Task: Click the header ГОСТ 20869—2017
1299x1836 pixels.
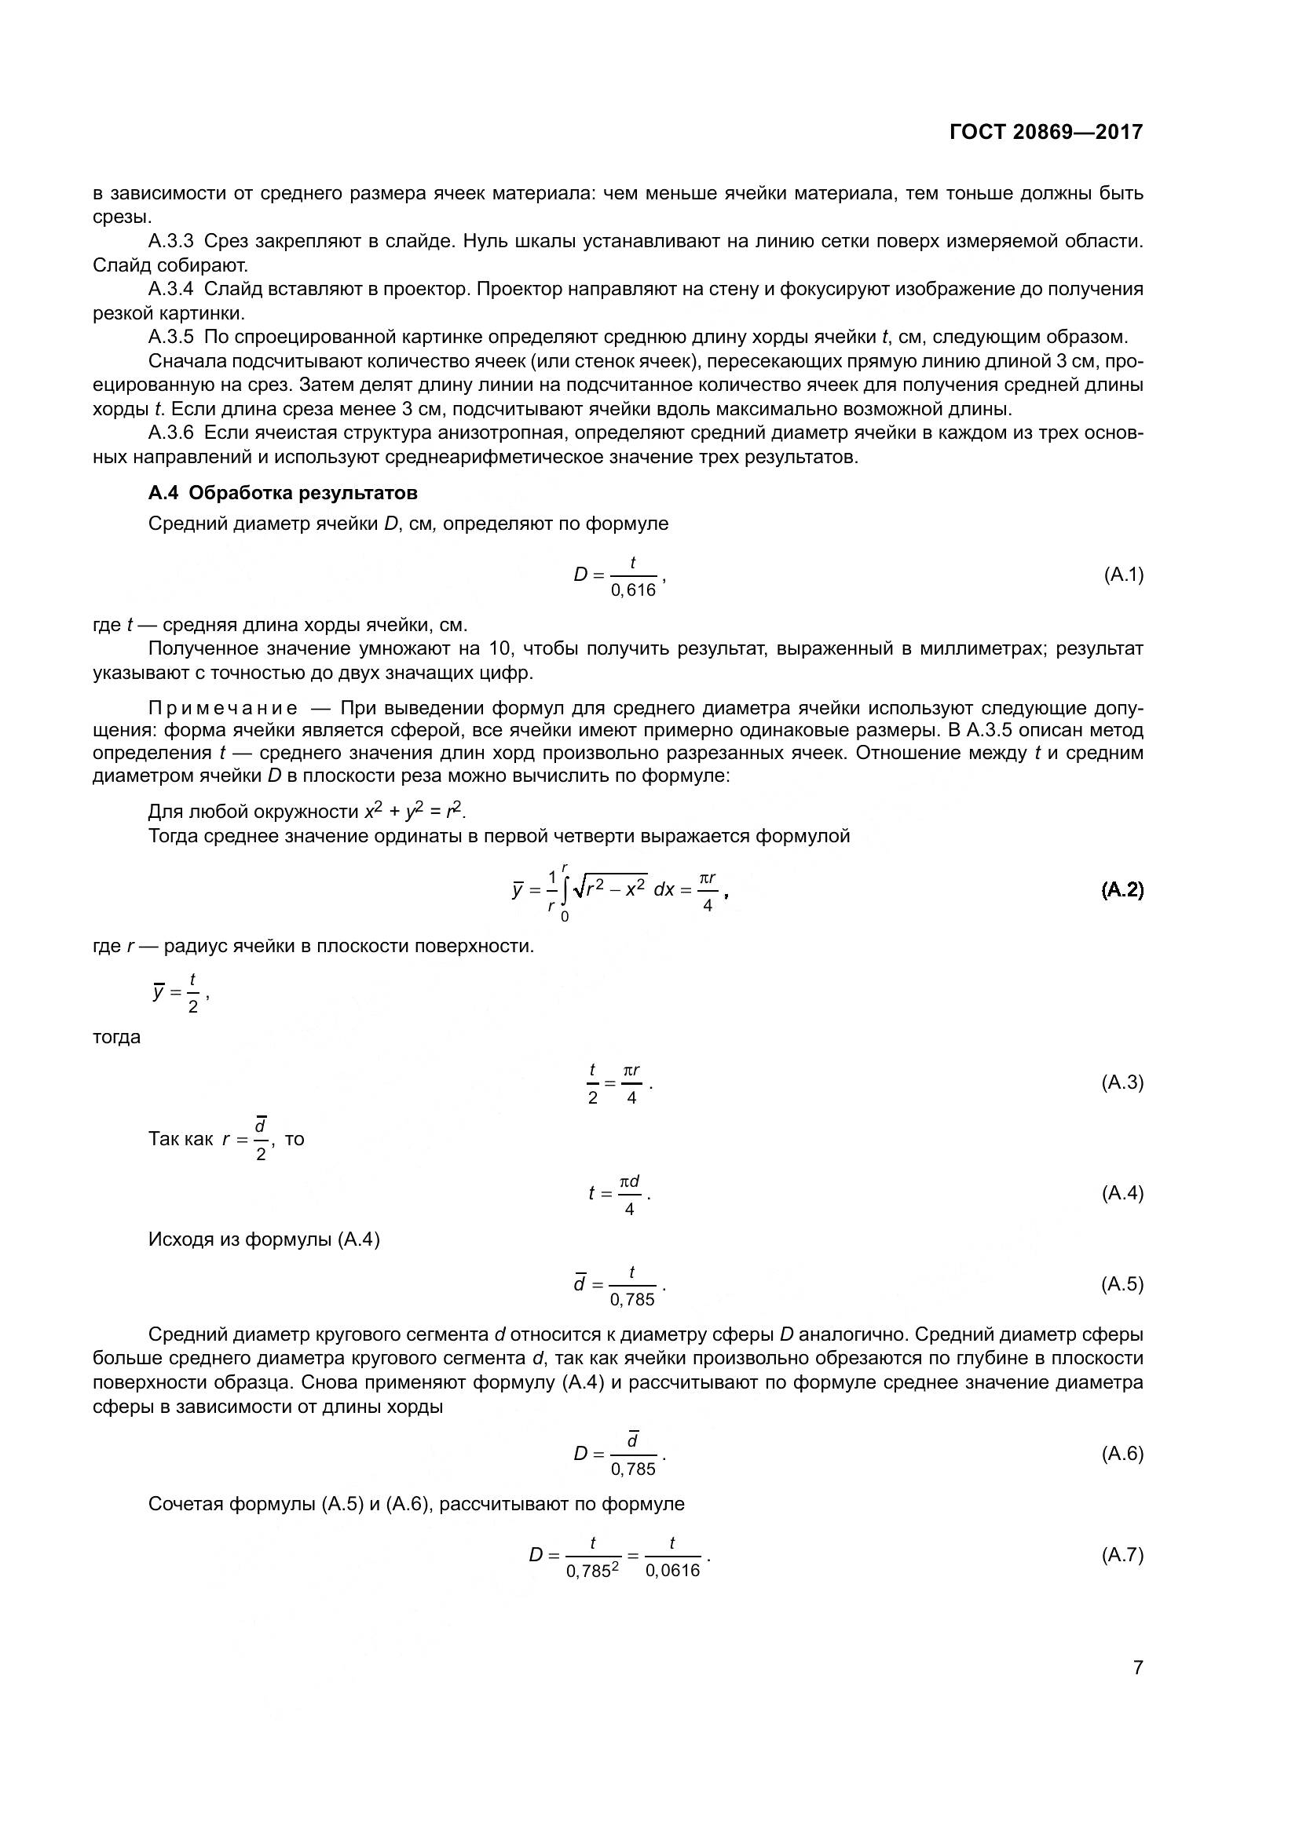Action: [1046, 132]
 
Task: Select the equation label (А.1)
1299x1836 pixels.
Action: [1123, 574]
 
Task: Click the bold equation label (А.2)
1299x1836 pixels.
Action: [1122, 889]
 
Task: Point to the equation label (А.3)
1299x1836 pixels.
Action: [1122, 1082]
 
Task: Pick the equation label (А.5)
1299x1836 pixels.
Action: [1122, 1284]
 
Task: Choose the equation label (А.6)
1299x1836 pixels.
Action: [1122, 1453]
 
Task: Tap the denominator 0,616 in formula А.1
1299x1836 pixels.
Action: [633, 590]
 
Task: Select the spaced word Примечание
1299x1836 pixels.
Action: [223, 708]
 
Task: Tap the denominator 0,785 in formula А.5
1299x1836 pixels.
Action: [632, 1300]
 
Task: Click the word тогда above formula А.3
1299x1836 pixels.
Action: [117, 1037]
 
